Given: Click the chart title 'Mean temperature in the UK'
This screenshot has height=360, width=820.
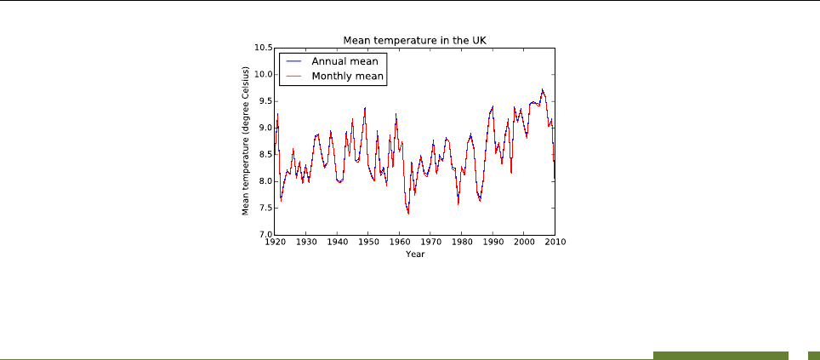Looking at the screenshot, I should pyautogui.click(x=414, y=40).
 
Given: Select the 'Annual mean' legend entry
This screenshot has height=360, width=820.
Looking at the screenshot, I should pyautogui.click(x=345, y=61).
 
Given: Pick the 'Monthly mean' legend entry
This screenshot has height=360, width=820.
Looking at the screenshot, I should pyautogui.click(x=348, y=77).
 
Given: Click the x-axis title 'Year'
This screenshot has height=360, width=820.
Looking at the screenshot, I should pyautogui.click(x=414, y=254).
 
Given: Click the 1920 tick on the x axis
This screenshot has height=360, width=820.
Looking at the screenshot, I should pyautogui.click(x=274, y=243).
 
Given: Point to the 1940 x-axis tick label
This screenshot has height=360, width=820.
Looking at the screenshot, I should pyautogui.click(x=337, y=243).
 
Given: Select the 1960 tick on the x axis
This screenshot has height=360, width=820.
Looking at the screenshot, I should pyautogui.click(x=399, y=243).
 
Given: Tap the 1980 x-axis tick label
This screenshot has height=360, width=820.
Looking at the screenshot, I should pyautogui.click(x=461, y=243).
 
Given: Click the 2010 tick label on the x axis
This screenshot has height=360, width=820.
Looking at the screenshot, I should pyautogui.click(x=555, y=243).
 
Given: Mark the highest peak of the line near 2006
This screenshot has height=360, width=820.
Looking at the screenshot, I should pyautogui.click(x=542, y=89).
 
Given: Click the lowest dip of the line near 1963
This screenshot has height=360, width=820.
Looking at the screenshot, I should pyautogui.click(x=408, y=214).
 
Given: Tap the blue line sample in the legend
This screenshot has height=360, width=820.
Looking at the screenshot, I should pyautogui.click(x=293, y=61).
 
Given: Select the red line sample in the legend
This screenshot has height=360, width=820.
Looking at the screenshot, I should pyautogui.click(x=293, y=77).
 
